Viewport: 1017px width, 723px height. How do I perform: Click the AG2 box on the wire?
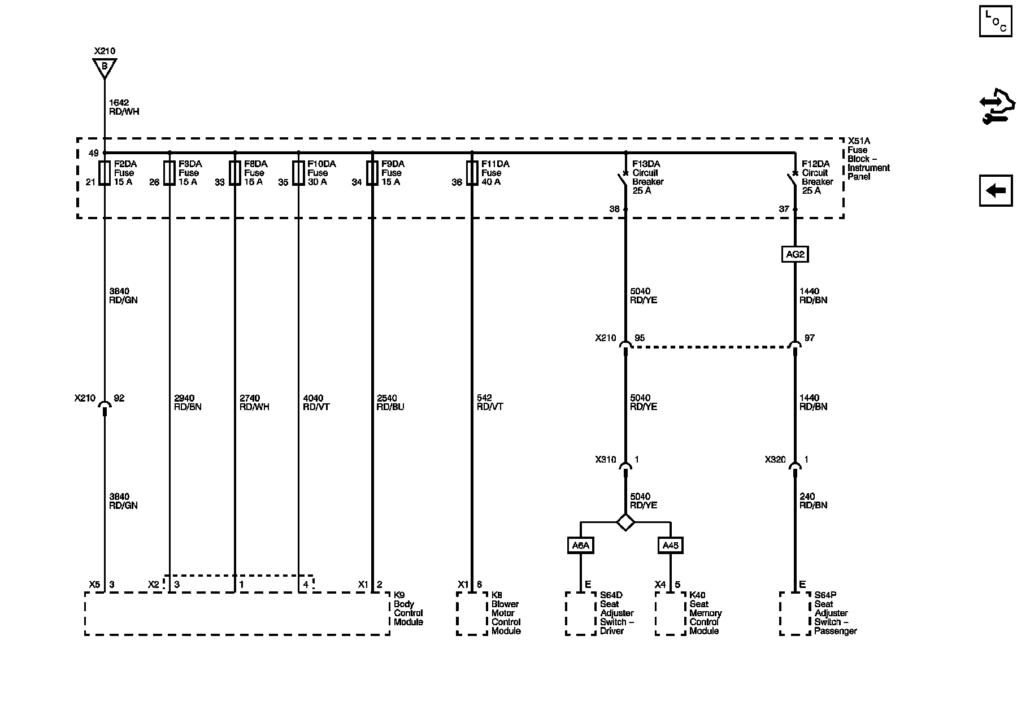pos(795,254)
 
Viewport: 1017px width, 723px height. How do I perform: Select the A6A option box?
pos(580,545)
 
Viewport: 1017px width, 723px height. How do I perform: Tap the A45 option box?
pos(670,545)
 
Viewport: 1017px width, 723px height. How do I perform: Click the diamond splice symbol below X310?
pos(625,522)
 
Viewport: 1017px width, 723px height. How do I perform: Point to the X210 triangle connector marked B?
pos(105,67)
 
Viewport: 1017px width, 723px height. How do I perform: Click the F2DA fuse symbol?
pos(105,173)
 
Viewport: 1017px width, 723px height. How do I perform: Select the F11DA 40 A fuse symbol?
pos(472,173)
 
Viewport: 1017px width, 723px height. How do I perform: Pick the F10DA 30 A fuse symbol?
pos(298,173)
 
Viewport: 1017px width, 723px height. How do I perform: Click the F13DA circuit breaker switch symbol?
pos(624,180)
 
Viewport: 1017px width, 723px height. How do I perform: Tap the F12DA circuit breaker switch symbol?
pos(794,180)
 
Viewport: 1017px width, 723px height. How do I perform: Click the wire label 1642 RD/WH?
pos(124,107)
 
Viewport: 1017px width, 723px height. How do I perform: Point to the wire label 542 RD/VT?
pos(490,402)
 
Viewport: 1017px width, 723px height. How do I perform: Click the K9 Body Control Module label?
pos(408,608)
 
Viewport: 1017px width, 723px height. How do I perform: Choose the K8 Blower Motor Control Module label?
pos(505,613)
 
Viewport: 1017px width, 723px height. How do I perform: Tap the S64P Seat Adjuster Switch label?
pos(835,613)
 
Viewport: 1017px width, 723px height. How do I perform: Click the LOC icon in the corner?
pos(996,21)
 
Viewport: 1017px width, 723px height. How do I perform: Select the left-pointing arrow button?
pos(996,190)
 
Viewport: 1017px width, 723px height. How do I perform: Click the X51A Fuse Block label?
pos(867,159)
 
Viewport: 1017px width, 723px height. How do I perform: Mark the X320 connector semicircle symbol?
pos(795,466)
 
